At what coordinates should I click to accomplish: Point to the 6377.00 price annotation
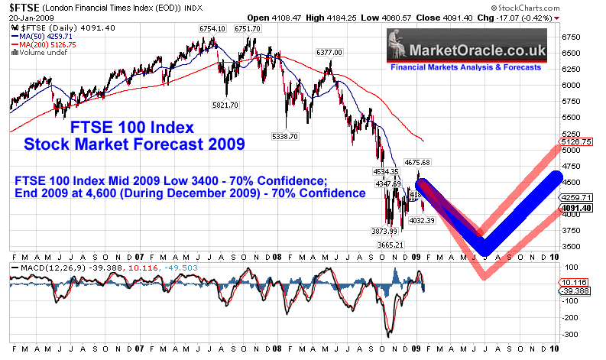click(328, 52)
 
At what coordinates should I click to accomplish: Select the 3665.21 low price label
click(397, 245)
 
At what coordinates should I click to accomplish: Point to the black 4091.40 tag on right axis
click(577, 207)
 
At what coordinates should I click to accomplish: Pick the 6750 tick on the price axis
click(572, 36)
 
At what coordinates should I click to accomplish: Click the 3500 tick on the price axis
click(572, 246)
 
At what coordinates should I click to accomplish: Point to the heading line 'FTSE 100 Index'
click(121, 126)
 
